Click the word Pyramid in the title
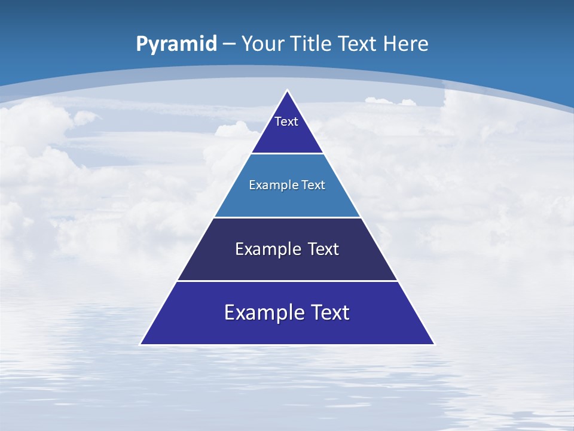176,44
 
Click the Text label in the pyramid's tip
286,122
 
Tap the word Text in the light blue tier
313,185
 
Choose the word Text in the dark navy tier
323,249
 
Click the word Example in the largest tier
262,312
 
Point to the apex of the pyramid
287,90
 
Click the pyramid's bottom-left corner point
141,344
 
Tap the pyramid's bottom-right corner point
434,344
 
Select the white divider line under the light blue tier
287,217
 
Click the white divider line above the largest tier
287,281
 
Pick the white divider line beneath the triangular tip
287,153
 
